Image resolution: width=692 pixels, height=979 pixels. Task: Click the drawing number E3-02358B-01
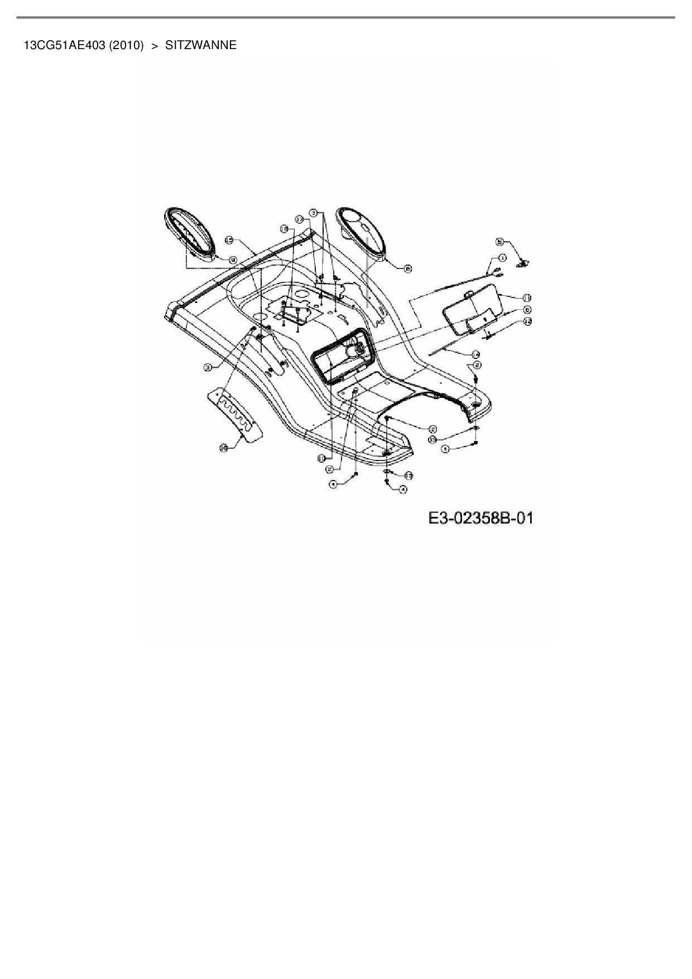480,518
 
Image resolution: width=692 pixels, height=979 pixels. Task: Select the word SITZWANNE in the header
201,45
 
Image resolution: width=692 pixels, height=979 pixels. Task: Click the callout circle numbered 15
229,239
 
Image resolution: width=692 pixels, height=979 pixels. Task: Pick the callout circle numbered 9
232,259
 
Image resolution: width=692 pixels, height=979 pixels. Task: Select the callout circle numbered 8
408,268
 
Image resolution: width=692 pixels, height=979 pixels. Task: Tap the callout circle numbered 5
500,241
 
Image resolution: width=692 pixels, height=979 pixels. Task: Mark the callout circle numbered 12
528,321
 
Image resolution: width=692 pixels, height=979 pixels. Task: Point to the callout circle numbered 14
475,354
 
